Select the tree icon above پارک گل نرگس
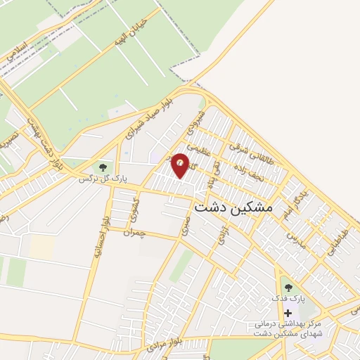pyautogui.click(x=103, y=167)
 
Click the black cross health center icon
pyautogui.click(x=287, y=311)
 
